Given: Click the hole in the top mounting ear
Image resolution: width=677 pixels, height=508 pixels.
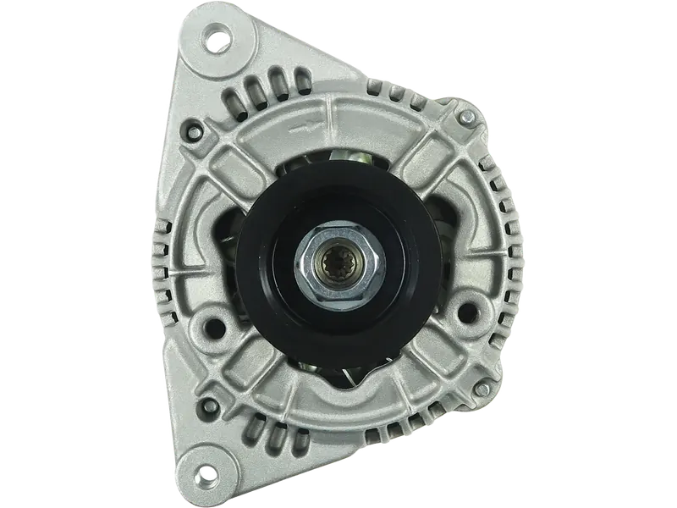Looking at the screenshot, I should coord(220,36).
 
